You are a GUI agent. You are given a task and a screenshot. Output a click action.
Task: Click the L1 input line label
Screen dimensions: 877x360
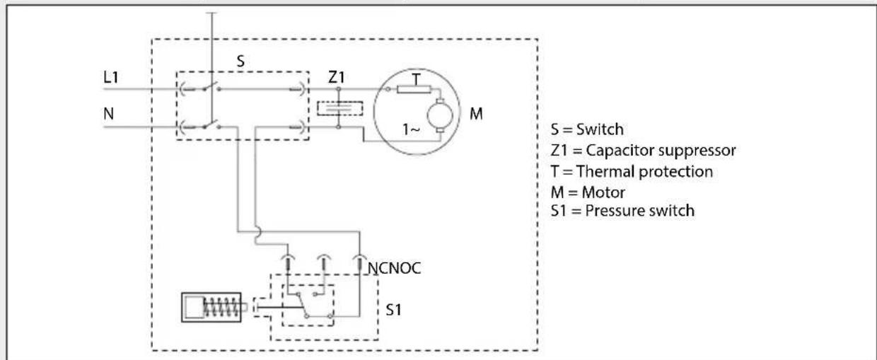pos(111,77)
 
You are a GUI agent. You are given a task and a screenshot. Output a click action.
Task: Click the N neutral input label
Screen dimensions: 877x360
pos(108,114)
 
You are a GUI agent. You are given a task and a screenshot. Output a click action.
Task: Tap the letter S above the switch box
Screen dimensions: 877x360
pos(240,61)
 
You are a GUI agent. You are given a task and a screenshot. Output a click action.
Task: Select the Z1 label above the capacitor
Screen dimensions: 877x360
pos(337,77)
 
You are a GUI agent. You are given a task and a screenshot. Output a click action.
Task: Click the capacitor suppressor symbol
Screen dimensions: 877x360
pos(339,108)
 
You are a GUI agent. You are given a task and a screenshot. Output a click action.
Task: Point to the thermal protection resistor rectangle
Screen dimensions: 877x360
pos(414,89)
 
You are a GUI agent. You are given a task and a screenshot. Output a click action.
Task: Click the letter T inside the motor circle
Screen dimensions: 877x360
pos(416,79)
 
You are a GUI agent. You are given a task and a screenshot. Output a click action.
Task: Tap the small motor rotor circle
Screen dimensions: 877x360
pos(440,115)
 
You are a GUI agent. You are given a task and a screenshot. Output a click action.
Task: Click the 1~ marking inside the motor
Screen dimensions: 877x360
pos(411,129)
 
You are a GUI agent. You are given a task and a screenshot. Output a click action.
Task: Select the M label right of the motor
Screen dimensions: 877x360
pos(476,114)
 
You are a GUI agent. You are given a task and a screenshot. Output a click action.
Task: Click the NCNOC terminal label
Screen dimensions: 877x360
pos(394,268)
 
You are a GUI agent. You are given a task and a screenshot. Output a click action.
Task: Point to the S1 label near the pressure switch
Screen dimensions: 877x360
pos(393,310)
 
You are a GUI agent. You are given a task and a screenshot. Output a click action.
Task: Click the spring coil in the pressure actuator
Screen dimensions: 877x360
pos(221,307)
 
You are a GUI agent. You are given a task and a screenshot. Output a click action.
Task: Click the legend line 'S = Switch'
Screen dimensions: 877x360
pos(587,129)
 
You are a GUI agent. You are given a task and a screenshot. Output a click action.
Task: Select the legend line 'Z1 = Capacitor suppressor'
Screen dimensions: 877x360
pos(643,151)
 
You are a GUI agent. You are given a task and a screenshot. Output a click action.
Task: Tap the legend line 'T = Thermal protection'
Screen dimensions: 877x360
pos(632,172)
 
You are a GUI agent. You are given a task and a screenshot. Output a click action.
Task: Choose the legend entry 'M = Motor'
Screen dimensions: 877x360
pos(588,192)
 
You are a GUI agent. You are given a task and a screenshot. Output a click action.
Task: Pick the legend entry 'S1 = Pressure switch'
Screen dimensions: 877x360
pos(622,211)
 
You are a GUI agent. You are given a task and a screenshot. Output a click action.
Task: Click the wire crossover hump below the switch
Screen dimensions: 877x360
pos(257,232)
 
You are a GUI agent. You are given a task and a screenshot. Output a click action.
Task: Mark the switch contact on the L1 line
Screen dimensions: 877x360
pos(211,86)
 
